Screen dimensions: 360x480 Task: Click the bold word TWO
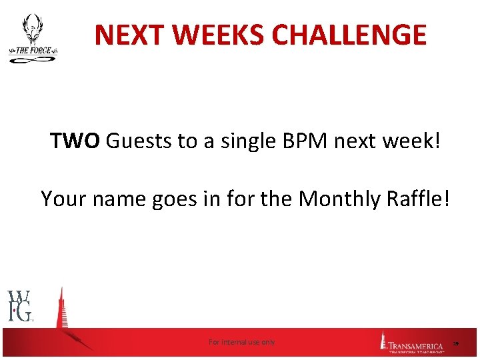tap(75, 141)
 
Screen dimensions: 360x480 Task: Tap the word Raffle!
tap(419, 198)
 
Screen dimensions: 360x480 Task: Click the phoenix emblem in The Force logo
tap(32, 31)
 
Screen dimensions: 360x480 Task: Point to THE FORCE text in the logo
tap(33, 50)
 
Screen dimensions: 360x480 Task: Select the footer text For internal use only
tap(241, 342)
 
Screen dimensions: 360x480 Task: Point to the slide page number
tap(456, 343)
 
